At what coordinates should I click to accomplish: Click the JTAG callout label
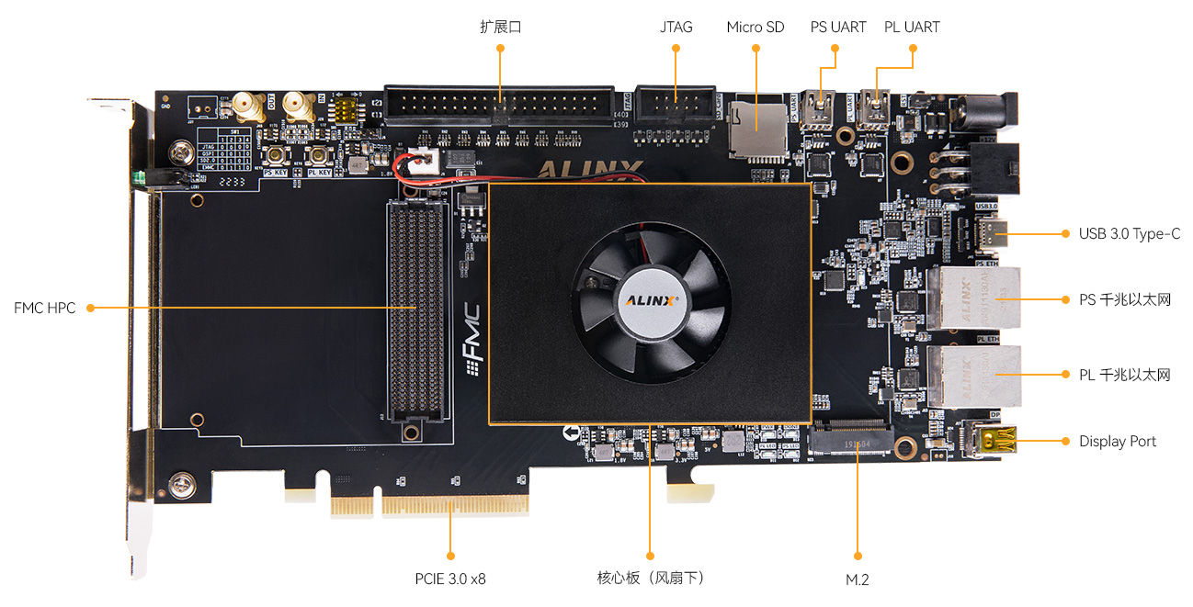[x=676, y=27]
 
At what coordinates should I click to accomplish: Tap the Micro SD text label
[x=755, y=27]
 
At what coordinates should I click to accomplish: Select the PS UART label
[x=837, y=27]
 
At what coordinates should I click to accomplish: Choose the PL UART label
[x=912, y=27]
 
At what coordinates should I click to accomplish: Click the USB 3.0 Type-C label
[x=1129, y=233]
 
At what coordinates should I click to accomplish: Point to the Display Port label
[x=1117, y=442]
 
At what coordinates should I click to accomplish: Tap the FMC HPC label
[x=44, y=307]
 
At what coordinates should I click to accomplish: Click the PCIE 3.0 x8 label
[x=449, y=579]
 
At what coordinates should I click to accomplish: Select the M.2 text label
[x=857, y=579]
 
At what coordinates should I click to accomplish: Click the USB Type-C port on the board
[x=992, y=233]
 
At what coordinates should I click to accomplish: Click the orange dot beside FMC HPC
[x=90, y=307]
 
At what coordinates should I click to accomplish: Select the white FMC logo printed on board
[x=474, y=340]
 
